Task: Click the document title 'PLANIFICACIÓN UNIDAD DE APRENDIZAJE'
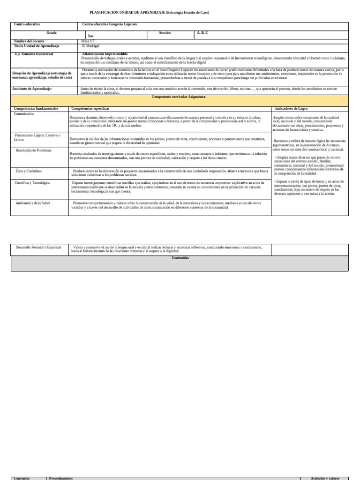pos(127,12)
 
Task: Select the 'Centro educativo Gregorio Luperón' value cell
pos(109,24)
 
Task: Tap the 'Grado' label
pos(51,33)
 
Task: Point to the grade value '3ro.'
pos(91,36)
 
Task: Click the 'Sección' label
pos(165,33)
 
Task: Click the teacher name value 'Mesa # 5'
pos(88,41)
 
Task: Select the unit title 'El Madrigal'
pos(90,46)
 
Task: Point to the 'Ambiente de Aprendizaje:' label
pos(32,89)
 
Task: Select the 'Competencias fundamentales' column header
pos(36,108)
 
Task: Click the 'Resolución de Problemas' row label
pos(34,150)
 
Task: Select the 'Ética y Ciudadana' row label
pos(29,171)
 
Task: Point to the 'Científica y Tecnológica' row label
pos(32,183)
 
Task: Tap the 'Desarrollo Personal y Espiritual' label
pos(38,247)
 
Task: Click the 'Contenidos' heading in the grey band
pos(180,258)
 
